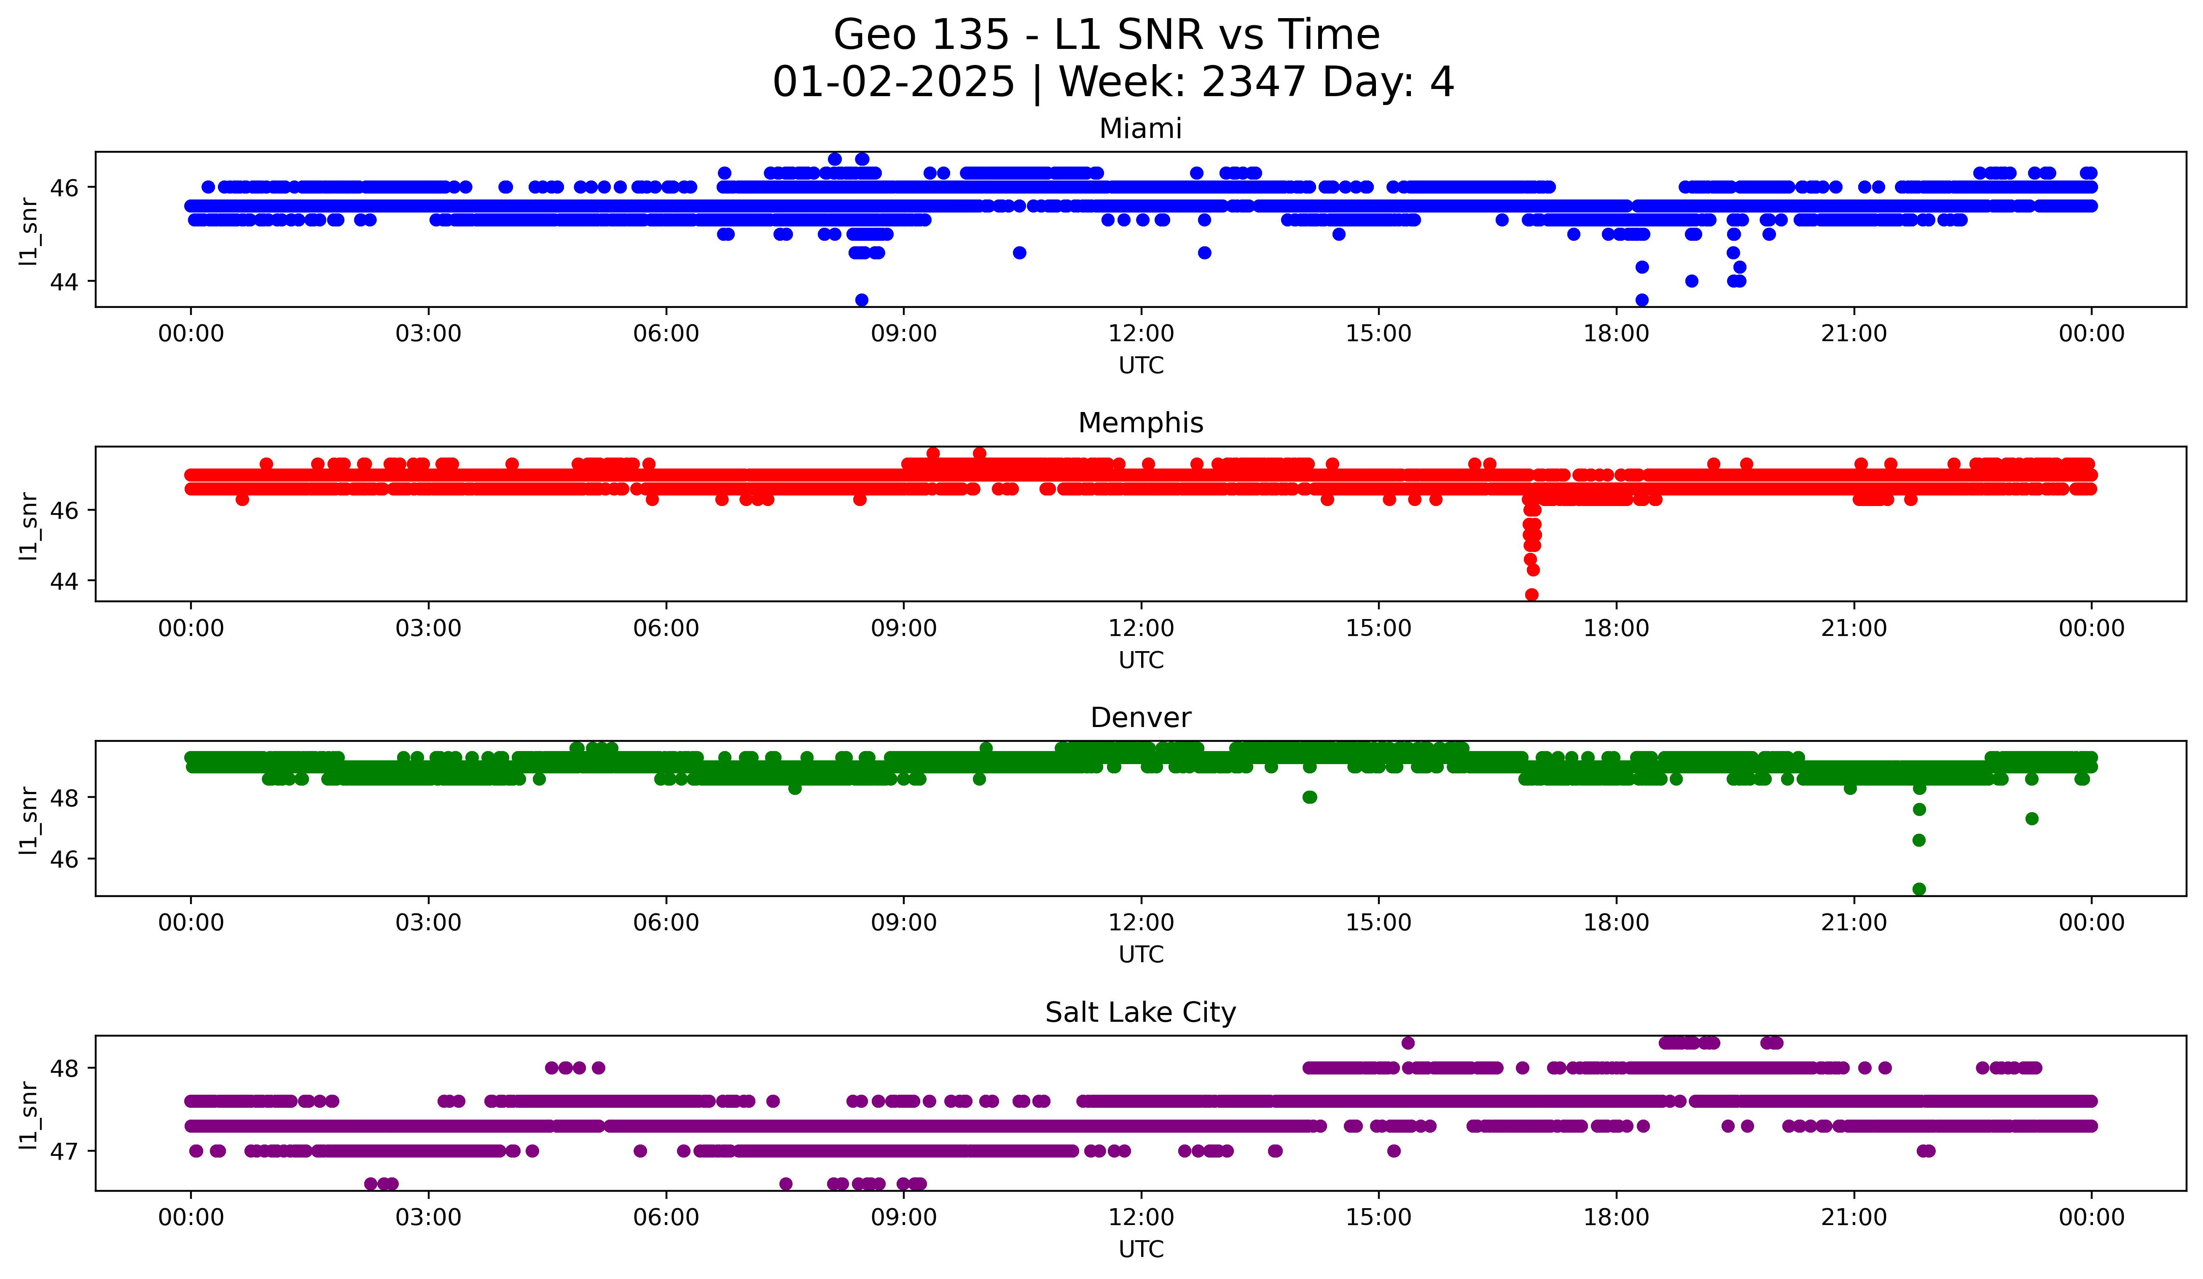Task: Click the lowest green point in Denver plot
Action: coord(1919,889)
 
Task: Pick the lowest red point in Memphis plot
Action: coord(1531,595)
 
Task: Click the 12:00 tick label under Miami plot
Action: coord(1141,334)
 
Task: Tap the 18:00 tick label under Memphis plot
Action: coord(1615,629)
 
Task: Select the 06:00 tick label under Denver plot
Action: coord(666,923)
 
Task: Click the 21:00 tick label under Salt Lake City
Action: coord(1853,1218)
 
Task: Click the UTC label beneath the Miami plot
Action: coord(1141,366)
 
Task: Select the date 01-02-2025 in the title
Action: coord(893,82)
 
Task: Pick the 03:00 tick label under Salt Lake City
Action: coord(428,1218)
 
